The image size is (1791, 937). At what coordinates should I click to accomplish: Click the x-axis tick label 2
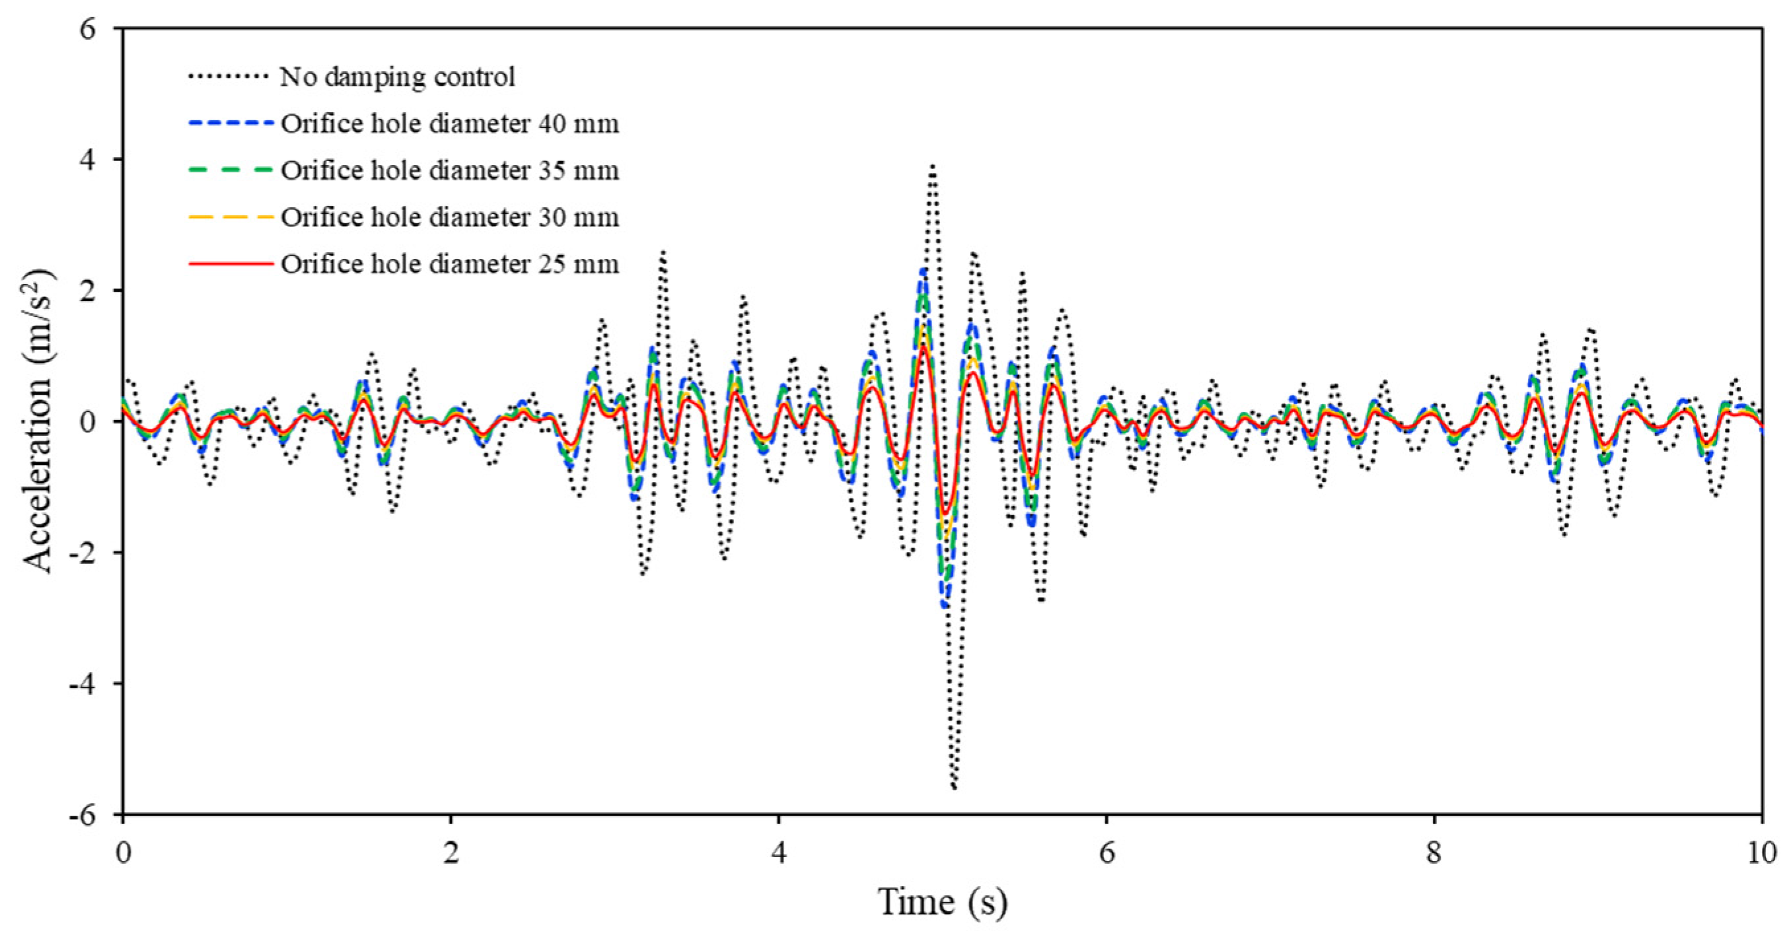pos(451,852)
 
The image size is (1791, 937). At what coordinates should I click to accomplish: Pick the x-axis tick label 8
pos(1434,852)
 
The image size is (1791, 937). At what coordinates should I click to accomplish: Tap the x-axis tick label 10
pos(1761,852)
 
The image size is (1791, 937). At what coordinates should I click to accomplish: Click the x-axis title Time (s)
pos(942,902)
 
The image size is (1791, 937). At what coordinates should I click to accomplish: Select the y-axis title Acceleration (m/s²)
pos(38,421)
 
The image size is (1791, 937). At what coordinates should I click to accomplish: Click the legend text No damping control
pos(397,77)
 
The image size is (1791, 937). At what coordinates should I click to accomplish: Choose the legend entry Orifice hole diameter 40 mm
pos(449,123)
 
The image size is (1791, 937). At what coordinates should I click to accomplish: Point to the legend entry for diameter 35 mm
pos(449,171)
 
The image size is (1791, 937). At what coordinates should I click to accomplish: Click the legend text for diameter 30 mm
pos(449,217)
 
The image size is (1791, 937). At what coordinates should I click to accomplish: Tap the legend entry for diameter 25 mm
pos(449,264)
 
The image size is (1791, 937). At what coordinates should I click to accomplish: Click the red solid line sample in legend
pos(230,264)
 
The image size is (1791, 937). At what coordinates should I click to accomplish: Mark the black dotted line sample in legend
pos(228,77)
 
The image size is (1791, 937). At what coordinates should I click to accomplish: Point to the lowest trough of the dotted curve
pos(954,788)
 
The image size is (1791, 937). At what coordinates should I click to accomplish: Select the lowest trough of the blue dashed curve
pos(944,606)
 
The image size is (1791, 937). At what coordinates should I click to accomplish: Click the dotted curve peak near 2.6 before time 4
pos(663,252)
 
